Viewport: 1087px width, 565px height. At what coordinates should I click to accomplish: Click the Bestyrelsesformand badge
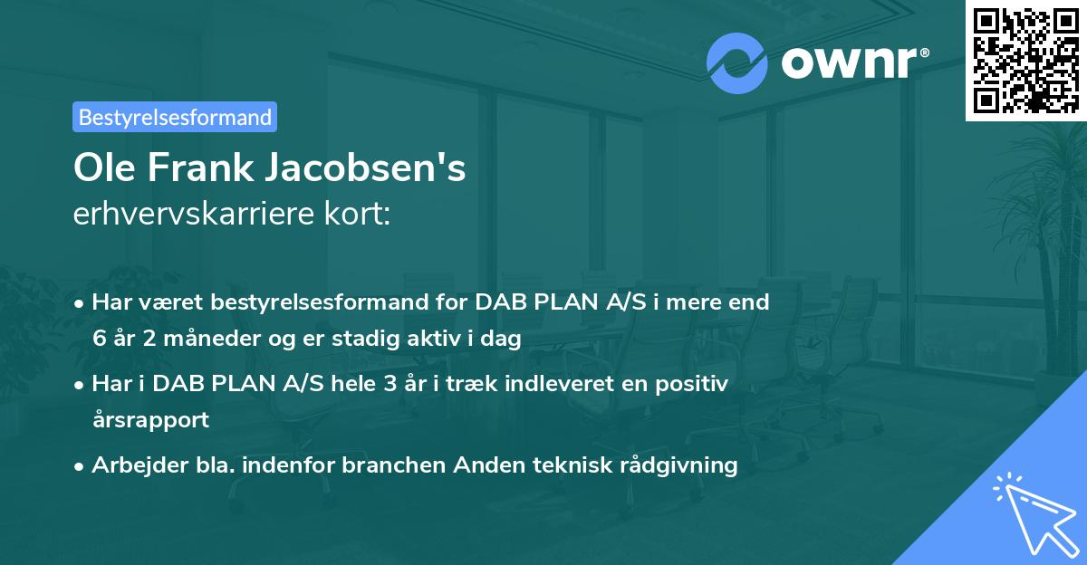point(175,117)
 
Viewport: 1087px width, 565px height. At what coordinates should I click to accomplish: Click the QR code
point(1025,60)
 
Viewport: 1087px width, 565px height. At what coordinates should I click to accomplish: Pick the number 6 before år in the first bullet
point(99,340)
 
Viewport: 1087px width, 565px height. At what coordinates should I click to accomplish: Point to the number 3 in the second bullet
point(390,383)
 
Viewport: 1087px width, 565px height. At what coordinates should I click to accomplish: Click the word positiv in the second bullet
point(691,383)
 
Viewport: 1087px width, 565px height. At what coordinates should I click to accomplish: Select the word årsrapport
point(150,420)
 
